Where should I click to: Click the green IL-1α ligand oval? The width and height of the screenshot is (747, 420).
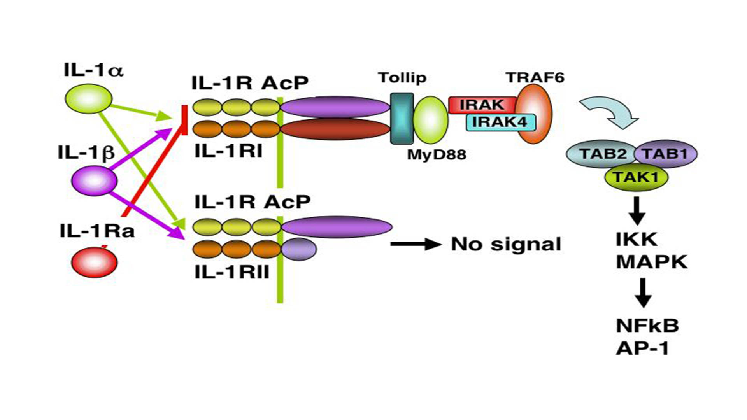[88, 99]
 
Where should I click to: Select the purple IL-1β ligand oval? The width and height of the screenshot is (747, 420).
[94, 180]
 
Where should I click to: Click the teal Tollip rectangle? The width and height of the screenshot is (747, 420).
[402, 118]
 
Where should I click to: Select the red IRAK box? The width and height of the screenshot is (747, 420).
[482, 105]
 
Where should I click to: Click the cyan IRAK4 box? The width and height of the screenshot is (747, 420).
[500, 122]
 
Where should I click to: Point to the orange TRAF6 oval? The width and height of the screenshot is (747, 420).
[534, 114]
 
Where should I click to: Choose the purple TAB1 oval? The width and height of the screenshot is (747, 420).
[666, 154]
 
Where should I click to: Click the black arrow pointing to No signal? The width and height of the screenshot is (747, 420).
[416, 244]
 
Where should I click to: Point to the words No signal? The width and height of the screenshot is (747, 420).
[506, 244]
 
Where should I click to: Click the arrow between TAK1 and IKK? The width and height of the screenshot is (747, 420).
[637, 210]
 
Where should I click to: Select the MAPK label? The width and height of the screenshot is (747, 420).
[652, 262]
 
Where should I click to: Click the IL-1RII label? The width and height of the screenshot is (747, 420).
[232, 272]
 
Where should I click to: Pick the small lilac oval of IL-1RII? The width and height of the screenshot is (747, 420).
[298, 249]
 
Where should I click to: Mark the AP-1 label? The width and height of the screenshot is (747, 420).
[642, 348]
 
